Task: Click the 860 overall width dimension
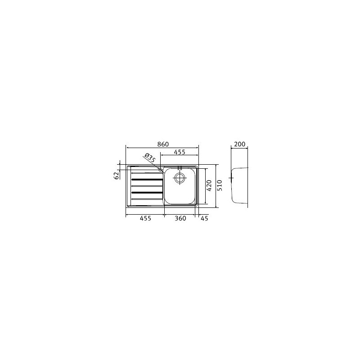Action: (x=163, y=144)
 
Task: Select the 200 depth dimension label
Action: (x=239, y=144)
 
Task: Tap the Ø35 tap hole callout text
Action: (x=149, y=158)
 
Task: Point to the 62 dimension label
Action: (x=116, y=175)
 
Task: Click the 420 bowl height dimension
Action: (x=209, y=185)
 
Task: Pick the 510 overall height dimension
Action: (x=219, y=185)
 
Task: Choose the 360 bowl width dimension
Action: (x=180, y=218)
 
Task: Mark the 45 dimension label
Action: (x=204, y=218)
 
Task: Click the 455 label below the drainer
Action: (x=144, y=218)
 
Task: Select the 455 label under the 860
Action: (x=180, y=153)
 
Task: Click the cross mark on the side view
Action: (x=231, y=178)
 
